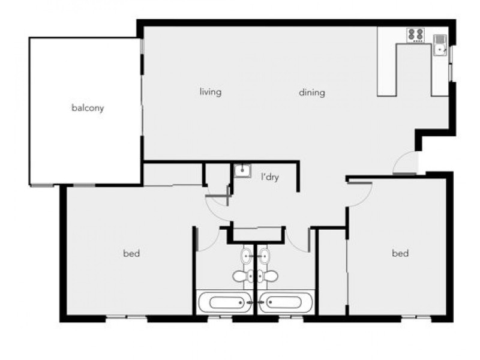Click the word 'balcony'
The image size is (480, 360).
88,109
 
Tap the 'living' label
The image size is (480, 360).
211,92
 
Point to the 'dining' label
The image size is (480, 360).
312,92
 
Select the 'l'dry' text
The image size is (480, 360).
269,178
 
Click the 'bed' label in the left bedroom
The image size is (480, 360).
131,254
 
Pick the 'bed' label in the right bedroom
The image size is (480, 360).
400,253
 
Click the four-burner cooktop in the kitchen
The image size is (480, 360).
415,35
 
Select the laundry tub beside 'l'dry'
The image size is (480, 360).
242,172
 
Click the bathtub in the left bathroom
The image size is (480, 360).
225,302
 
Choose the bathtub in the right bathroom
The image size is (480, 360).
285,302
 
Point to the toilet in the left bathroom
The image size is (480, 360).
241,276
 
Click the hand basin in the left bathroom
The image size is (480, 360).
247,257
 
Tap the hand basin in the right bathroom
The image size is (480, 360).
264,257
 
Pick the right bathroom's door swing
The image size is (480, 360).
298,240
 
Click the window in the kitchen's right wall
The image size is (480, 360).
451,64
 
